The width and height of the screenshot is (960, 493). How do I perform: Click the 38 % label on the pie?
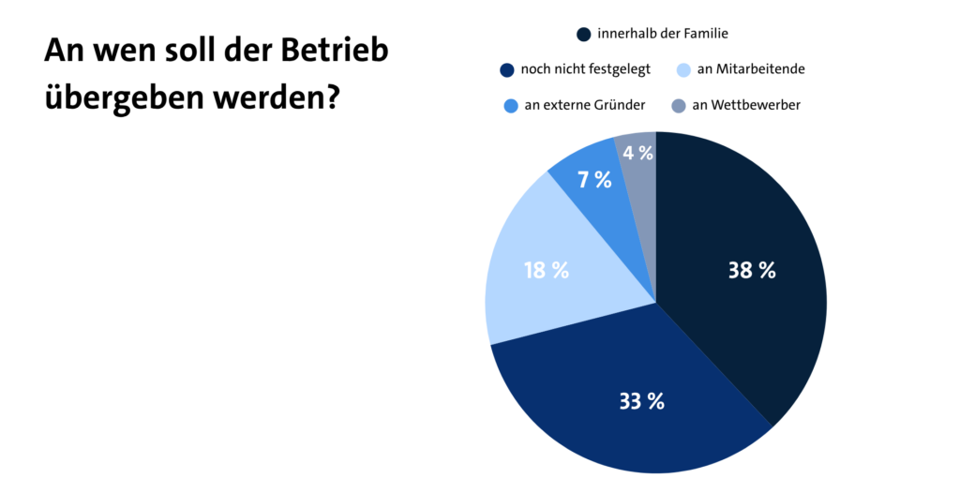[752, 271]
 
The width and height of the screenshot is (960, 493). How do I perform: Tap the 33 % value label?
[641, 401]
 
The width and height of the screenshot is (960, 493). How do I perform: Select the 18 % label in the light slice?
[547, 271]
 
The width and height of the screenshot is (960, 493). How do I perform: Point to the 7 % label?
[594, 180]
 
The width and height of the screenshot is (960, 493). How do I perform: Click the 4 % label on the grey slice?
[637, 152]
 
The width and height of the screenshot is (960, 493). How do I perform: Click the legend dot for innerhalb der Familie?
[583, 35]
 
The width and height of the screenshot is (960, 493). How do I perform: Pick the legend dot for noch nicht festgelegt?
[507, 69]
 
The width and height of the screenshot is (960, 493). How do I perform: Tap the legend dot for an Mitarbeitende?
[683, 69]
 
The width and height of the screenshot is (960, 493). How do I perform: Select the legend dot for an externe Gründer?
[507, 105]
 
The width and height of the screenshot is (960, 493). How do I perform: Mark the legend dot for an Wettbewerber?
[678, 105]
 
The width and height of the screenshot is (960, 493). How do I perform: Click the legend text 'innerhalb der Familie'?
[663, 34]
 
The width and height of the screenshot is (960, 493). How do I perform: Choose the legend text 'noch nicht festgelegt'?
[585, 69]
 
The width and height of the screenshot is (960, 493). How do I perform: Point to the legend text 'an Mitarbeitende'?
[751, 69]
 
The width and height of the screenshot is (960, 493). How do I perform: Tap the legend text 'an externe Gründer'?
[585, 105]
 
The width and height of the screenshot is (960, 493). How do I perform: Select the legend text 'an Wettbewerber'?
[745, 105]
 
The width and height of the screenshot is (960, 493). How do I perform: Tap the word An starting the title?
[63, 51]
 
